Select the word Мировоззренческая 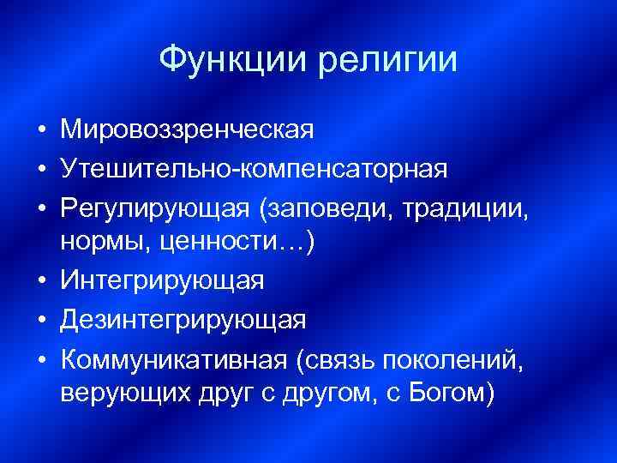tap(188, 130)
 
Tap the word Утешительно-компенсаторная tap(254, 168)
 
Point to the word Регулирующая tap(158, 206)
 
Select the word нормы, tap(101, 243)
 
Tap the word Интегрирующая tap(163, 280)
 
